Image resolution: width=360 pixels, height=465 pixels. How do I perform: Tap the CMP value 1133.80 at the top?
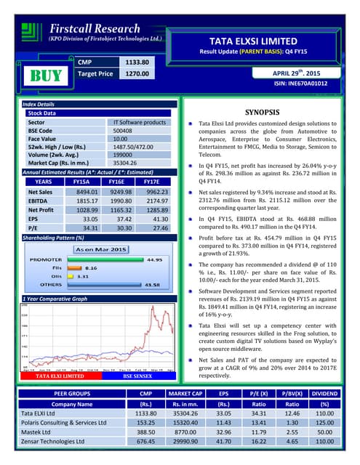pos(135,62)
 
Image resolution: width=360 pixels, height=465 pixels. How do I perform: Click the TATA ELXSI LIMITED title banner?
pos(264,41)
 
